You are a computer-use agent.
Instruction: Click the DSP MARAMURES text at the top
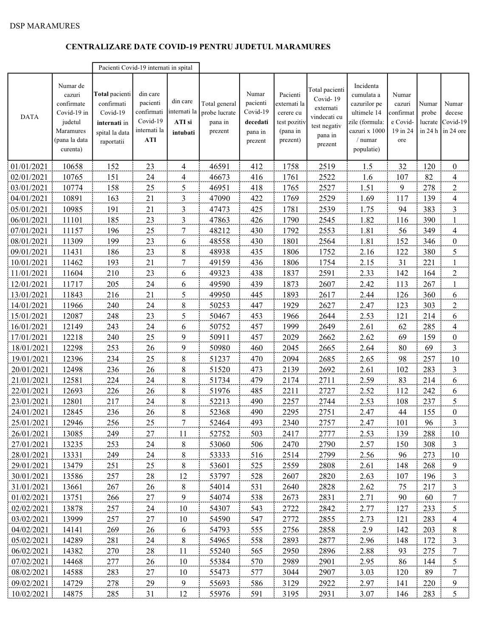[45, 26]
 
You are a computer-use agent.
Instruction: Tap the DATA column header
[30, 117]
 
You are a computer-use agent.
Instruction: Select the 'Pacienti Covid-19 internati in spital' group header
[146, 68]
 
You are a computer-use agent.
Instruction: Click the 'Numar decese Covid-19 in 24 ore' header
[454, 117]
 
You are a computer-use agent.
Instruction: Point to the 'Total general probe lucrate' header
[219, 117]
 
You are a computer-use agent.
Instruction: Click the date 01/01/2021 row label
[30, 167]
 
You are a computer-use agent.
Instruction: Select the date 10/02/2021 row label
[30, 593]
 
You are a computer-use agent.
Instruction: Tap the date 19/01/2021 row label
[30, 359]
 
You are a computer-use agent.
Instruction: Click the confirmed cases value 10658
[72, 167]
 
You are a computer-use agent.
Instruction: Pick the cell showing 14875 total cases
[72, 593]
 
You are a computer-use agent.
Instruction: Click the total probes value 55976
[219, 593]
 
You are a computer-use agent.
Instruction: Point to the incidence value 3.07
[367, 593]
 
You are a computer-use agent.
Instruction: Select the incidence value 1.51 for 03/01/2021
[367, 188]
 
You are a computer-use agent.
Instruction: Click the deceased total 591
[257, 593]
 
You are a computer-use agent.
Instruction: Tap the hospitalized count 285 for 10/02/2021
[113, 593]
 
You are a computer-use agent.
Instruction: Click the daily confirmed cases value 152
[402, 241]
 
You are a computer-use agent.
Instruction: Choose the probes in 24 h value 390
[429, 220]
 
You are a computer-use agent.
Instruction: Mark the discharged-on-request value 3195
[290, 593]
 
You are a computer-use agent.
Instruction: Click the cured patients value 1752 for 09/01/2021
[327, 252]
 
